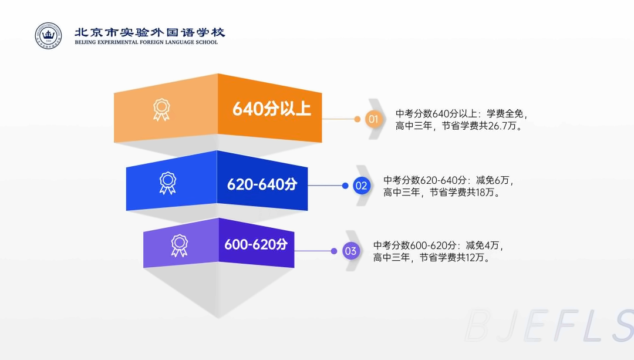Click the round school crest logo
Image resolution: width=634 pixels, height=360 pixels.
[x=48, y=36]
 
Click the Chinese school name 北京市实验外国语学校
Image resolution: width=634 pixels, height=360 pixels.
[x=150, y=32]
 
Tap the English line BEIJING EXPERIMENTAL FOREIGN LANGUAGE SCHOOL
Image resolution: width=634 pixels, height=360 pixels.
[x=146, y=42]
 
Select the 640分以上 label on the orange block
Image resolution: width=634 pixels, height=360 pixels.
[x=272, y=109]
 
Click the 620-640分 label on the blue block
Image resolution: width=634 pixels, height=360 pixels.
[x=262, y=184]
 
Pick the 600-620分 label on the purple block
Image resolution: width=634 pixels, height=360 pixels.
[x=256, y=244]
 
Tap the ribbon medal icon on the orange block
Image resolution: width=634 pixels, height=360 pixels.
[x=161, y=110]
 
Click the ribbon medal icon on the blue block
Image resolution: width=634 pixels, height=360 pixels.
[x=167, y=183]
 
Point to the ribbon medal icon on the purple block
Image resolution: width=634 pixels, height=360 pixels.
[x=179, y=245]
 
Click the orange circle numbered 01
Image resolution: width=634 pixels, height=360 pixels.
[x=373, y=119]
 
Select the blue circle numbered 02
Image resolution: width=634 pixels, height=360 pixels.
[x=361, y=186]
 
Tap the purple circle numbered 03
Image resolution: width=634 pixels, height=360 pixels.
[x=350, y=251]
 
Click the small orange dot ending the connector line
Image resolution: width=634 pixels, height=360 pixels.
[x=357, y=119]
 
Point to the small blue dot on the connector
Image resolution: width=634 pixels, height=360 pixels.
[x=345, y=186]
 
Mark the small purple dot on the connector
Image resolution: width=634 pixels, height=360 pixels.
[x=334, y=251]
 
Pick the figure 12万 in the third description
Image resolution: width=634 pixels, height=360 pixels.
[x=475, y=257]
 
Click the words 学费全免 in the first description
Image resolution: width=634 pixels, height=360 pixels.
[x=505, y=114]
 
